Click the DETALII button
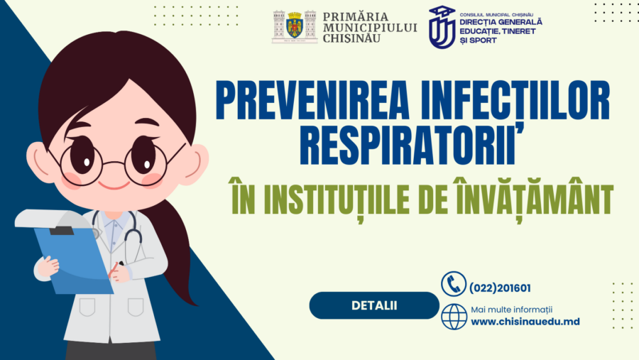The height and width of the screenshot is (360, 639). click(x=374, y=305)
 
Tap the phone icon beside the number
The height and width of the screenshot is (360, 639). click(x=453, y=284)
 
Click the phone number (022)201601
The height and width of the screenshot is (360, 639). click(x=500, y=288)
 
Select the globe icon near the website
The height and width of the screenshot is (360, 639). click(x=454, y=317)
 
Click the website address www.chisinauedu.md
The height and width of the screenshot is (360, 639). click(x=525, y=322)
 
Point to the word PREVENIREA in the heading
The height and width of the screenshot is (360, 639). click(x=312, y=100)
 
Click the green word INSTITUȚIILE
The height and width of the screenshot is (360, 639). click(x=337, y=199)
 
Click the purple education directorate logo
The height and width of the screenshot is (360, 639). click(x=442, y=27)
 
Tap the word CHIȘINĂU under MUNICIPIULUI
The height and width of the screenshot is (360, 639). click(x=351, y=39)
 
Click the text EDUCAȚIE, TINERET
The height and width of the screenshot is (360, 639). click(x=498, y=31)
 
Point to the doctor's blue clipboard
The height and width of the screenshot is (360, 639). click(x=73, y=260)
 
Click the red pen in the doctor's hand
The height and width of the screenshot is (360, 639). click(x=114, y=270)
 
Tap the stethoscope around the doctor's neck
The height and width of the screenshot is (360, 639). click(x=118, y=230)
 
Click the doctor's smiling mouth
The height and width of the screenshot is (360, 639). click(x=114, y=186)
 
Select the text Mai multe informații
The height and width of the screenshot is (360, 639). click(x=511, y=310)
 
